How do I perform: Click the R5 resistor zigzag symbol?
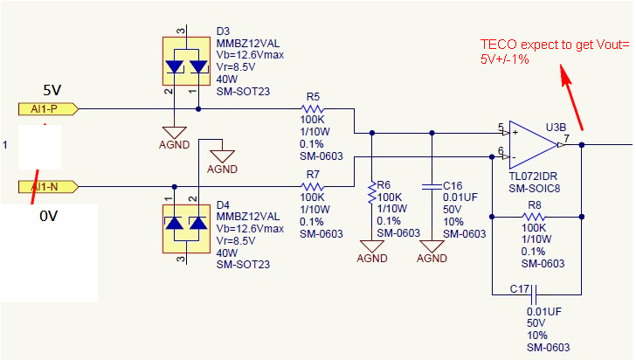click(x=311, y=109)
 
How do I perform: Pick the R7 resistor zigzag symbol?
click(x=311, y=186)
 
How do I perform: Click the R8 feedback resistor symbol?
click(x=533, y=214)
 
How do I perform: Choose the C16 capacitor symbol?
click(x=431, y=186)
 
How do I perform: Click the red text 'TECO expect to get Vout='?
click(x=554, y=44)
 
